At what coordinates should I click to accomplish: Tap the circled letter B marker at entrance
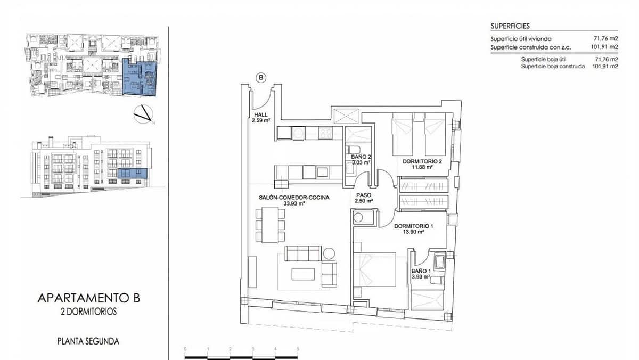[x=261, y=78]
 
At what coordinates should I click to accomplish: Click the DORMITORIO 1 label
[x=413, y=226]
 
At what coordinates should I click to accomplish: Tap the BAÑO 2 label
[x=361, y=157]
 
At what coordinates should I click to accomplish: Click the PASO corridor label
[x=364, y=195]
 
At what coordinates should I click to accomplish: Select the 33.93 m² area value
[x=294, y=204]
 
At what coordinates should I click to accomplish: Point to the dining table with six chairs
[x=270, y=225]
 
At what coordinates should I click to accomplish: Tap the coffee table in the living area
[x=302, y=273]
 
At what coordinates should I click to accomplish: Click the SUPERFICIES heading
[x=510, y=26]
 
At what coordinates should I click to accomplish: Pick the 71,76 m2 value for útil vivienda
[x=605, y=39]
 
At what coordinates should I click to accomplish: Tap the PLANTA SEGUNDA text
[x=88, y=341]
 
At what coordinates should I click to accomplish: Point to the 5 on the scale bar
[x=298, y=349]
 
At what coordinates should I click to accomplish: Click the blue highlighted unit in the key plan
[x=140, y=77]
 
